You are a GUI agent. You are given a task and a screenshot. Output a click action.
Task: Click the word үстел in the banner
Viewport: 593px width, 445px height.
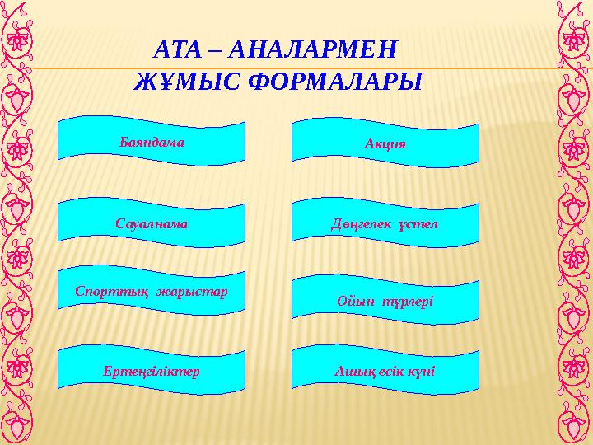[x=419, y=225]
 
